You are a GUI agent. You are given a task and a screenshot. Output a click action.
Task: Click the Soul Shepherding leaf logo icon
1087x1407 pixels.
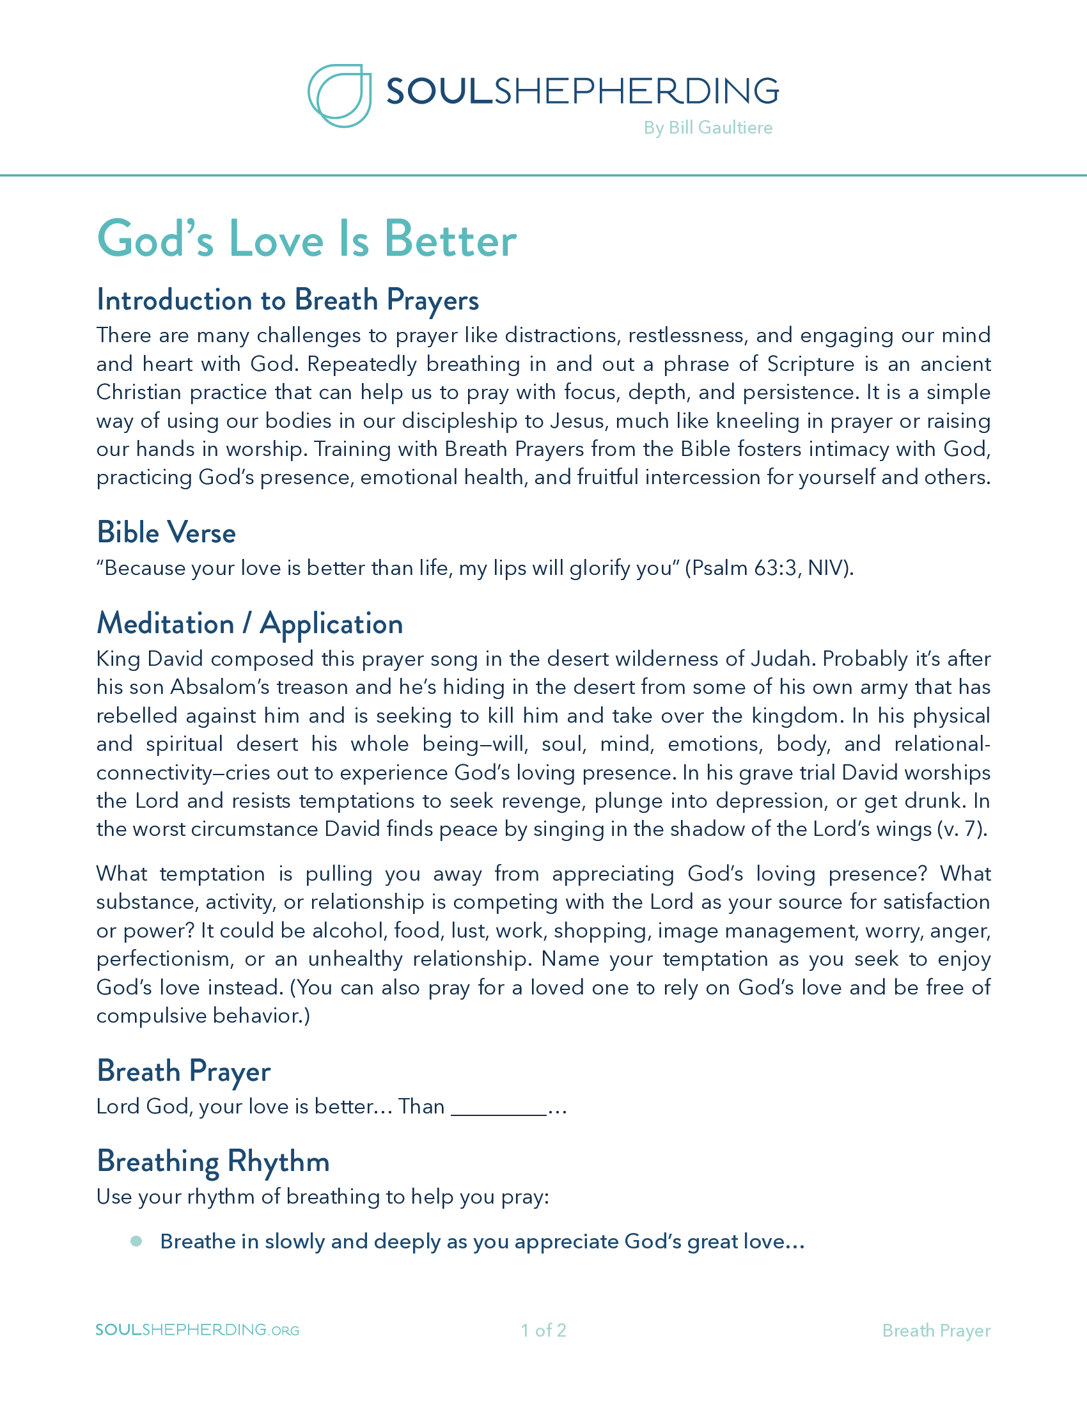pos(340,95)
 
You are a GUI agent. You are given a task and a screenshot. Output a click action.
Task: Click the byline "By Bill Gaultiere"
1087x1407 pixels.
pos(708,127)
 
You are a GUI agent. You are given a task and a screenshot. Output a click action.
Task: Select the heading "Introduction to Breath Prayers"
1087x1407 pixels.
pos(288,300)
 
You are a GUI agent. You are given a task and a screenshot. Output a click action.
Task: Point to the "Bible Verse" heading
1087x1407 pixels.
pos(166,533)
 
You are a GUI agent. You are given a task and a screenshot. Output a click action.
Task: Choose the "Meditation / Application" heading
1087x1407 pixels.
pos(250,624)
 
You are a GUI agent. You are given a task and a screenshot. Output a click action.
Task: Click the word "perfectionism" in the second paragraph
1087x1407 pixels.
pos(164,959)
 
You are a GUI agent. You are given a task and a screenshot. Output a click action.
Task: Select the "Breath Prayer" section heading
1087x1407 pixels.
pos(184,1071)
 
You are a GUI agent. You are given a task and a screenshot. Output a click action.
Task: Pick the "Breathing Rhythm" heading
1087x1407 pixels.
pos(213,1161)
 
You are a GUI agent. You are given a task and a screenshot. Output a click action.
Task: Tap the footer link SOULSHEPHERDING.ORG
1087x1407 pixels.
pos(197,1330)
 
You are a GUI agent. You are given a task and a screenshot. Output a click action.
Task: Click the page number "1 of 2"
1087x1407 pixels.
pos(543,1330)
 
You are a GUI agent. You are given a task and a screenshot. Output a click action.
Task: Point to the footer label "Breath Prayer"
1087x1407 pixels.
pos(935,1330)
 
